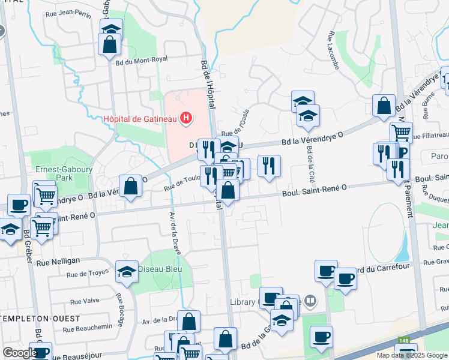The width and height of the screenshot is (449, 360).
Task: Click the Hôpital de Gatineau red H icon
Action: [186, 118]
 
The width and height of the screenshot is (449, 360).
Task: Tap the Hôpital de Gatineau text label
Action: [140, 118]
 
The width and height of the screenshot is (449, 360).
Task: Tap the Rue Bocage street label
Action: [120, 306]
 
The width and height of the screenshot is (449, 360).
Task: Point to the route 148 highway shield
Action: [406, 341]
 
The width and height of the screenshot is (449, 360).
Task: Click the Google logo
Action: [20, 353]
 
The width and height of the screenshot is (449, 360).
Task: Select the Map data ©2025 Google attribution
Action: [412, 355]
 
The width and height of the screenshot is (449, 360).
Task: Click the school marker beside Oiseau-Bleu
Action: [127, 272]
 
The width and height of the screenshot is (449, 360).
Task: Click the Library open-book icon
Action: [310, 301]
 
